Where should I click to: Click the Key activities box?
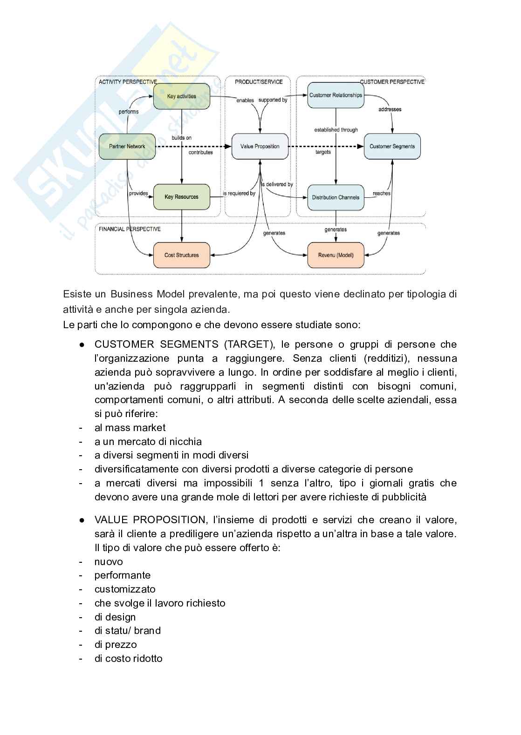coord(181,96)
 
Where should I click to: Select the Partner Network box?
coord(127,146)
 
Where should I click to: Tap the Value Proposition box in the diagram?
coord(260,146)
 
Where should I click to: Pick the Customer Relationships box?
coord(336,95)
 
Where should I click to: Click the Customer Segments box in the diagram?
coord(392,146)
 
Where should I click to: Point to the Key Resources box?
coord(181,197)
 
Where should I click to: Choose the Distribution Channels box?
coord(336,197)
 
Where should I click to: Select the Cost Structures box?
coord(181,255)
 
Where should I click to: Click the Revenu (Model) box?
coord(336,255)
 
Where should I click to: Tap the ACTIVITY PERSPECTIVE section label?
coord(128,82)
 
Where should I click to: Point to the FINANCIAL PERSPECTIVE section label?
coord(130,229)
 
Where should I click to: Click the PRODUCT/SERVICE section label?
coord(259,82)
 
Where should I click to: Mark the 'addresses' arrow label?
coord(390,109)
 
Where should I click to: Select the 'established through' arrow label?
coord(336,130)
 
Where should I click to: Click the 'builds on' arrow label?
coord(181,138)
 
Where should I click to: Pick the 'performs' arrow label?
coord(129,112)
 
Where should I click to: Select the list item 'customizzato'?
coord(125,589)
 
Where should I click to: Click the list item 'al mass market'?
coord(130,428)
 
